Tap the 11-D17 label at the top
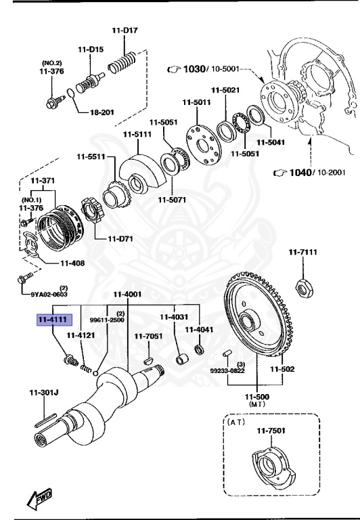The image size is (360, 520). click(x=126, y=30)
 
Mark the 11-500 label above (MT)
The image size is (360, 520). click(x=258, y=396)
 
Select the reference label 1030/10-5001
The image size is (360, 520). click(x=204, y=69)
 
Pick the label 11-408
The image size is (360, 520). click(x=72, y=263)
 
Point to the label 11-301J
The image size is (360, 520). click(x=44, y=392)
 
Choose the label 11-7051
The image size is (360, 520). click(x=148, y=336)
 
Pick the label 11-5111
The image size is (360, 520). click(x=137, y=134)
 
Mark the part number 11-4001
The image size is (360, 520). click(x=127, y=294)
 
